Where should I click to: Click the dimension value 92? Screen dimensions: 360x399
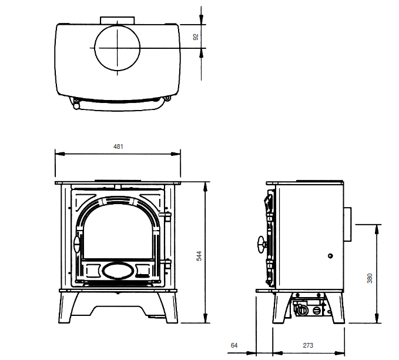pos(196,36)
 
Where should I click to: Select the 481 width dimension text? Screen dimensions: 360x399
pos(118,146)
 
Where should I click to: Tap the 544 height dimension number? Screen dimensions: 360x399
pos(199,255)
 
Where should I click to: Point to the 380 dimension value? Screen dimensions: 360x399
pos(370,278)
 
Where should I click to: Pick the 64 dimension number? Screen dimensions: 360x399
pos(235,345)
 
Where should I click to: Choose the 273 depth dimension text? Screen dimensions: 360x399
pos(308,345)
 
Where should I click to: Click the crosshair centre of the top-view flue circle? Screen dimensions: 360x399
pos(118,47)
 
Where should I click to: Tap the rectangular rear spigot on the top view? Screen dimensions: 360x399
pos(118,20)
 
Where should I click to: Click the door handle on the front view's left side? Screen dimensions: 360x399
pos(76,245)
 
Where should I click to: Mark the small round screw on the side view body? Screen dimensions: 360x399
pos(330,256)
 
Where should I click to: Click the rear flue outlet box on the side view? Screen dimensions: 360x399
pos(348,224)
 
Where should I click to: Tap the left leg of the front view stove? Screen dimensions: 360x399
pos(66,308)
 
